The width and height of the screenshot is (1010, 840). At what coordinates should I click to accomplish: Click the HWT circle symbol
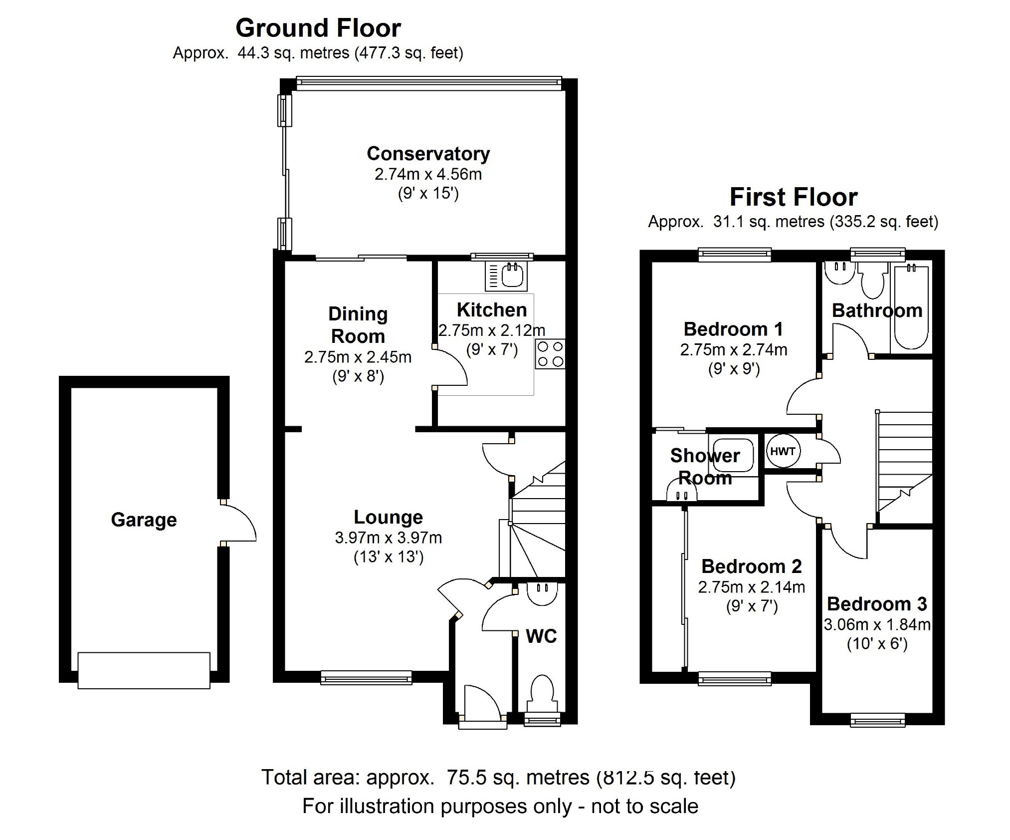coord(783,451)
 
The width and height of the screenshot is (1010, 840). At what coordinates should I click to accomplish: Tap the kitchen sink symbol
coord(506,277)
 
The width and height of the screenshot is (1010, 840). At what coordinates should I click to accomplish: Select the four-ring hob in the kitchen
coord(550,354)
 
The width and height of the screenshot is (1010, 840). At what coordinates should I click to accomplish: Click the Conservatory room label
coord(428,154)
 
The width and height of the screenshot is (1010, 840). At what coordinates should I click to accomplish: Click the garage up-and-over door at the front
coord(144,670)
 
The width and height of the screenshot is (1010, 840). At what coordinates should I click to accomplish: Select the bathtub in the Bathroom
coord(911,307)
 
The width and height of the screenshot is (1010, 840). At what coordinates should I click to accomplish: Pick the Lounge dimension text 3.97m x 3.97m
coord(388,538)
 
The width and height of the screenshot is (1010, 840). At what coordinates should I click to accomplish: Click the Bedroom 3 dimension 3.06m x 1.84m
coord(877,625)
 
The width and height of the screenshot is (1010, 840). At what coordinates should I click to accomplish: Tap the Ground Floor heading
coord(318,28)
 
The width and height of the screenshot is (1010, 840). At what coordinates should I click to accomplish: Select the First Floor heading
coord(793,197)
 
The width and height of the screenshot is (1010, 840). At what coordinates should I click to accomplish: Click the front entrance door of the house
coord(482,705)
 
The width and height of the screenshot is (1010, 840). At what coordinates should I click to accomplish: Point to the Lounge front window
coord(366,677)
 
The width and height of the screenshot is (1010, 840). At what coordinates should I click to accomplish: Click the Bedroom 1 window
coord(734,255)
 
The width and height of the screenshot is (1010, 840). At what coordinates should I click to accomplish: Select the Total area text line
coord(498,777)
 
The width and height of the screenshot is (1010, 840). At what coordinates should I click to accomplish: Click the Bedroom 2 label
coord(751,566)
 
